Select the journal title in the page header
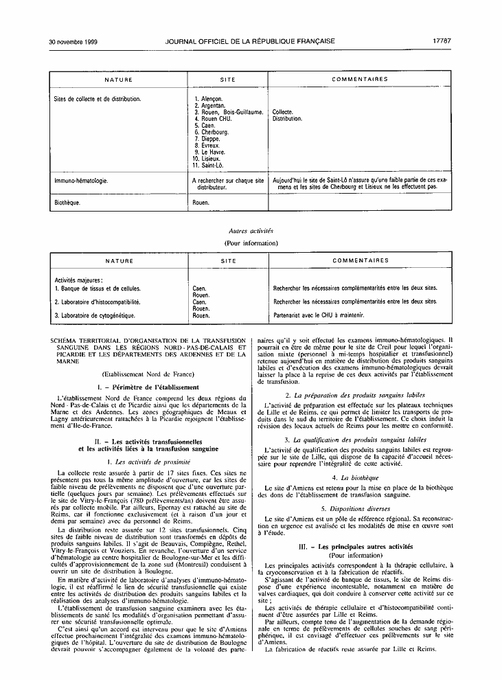[x=250, y=41]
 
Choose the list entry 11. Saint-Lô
[x=209, y=165]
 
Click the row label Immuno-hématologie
[x=81, y=181]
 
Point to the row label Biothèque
[x=67, y=203]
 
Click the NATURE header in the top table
[x=118, y=80]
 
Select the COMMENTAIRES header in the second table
[x=360, y=261]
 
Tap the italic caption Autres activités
[x=250, y=231]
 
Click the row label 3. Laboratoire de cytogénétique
[x=95, y=315]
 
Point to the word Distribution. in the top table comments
[x=287, y=119]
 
